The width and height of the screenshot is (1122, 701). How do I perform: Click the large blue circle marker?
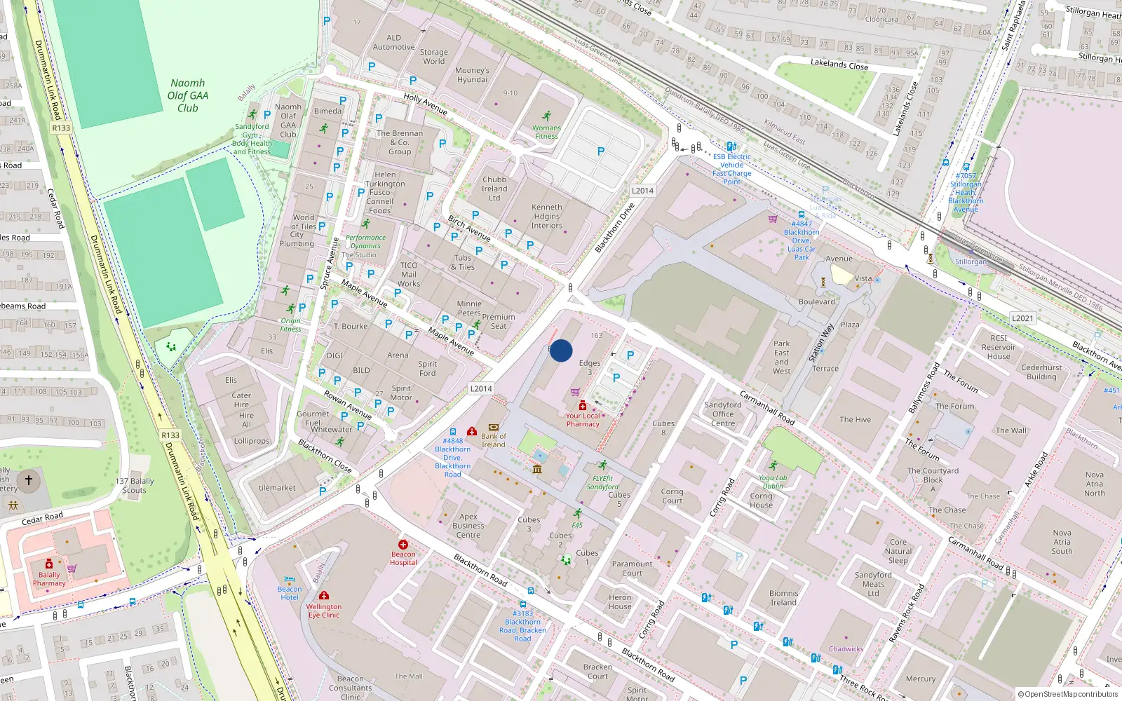(561, 350)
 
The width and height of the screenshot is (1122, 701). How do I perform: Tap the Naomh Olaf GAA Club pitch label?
(187, 95)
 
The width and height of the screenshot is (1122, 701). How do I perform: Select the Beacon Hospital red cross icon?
(403, 545)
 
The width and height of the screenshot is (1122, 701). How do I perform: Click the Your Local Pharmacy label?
(583, 420)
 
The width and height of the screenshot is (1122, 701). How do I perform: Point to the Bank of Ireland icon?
(493, 427)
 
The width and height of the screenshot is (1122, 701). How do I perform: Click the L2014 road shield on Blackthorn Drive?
(642, 191)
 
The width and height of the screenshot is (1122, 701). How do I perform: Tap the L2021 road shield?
(1022, 318)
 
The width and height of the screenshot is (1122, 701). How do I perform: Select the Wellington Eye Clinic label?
(323, 611)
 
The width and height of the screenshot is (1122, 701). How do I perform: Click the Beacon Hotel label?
(290, 593)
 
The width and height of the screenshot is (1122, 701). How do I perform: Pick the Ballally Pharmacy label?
(49, 579)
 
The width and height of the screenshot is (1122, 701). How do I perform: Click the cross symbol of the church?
(29, 480)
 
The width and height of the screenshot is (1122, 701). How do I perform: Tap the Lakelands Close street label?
(839, 64)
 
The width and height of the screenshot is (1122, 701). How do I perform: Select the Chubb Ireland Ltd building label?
(494, 189)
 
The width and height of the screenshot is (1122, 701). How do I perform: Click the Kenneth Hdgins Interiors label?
(546, 216)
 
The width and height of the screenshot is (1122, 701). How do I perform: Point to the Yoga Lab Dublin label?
(773, 482)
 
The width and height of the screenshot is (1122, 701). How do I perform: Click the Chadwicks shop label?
(846, 649)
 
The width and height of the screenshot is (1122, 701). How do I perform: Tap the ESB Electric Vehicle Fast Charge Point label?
(731, 169)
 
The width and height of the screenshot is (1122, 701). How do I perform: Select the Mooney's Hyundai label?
(472, 75)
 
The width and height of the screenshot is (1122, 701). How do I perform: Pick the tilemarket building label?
(277, 488)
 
